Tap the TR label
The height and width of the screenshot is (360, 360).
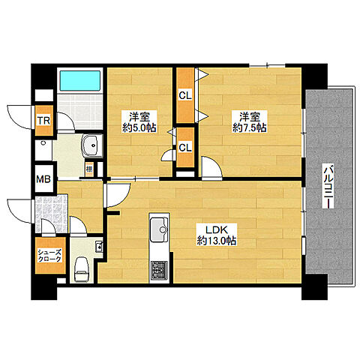click(x=43, y=120)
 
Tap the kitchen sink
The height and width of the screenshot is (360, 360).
click(x=160, y=229)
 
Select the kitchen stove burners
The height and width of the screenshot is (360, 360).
click(x=159, y=268)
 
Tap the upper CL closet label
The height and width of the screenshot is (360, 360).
click(x=184, y=96)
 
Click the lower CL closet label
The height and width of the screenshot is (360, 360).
click(x=184, y=147)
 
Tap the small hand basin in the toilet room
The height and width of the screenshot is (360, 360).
click(x=98, y=247)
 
